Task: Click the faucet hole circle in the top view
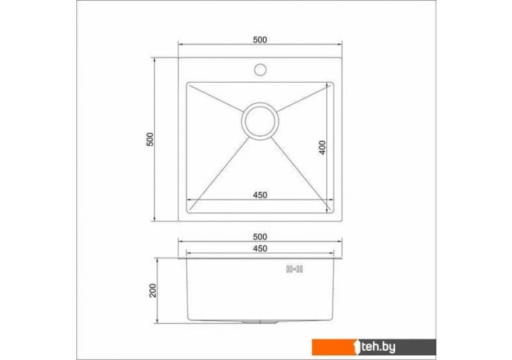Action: (261, 65)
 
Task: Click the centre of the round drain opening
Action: (260, 122)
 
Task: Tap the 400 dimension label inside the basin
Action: (322, 148)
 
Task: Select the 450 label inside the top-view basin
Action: (260, 195)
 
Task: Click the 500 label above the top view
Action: (260, 40)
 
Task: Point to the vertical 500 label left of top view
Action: (150, 140)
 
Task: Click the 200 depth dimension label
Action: (153, 290)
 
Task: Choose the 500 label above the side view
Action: (260, 237)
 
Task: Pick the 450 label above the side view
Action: (260, 248)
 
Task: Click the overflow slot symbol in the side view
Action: (294, 269)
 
